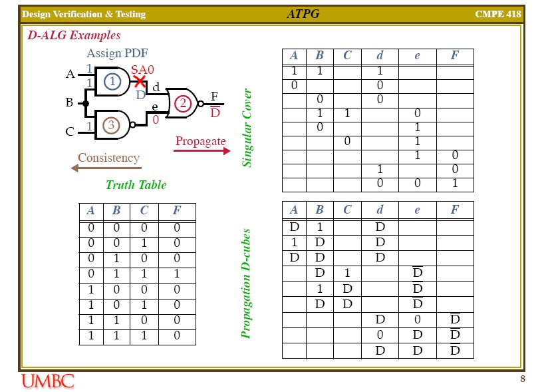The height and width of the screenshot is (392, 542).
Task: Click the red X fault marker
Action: click(140, 82)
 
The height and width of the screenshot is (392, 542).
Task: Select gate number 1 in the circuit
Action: click(113, 82)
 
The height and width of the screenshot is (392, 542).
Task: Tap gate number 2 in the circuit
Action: click(182, 103)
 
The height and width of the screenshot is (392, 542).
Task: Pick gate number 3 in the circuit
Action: click(112, 124)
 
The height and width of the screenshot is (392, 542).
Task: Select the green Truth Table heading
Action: click(136, 185)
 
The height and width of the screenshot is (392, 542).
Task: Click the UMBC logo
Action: click(48, 381)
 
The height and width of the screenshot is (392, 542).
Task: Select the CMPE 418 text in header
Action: click(499, 14)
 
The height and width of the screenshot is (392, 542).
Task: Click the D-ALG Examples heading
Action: click(74, 35)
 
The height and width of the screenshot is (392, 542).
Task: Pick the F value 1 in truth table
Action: click(177, 274)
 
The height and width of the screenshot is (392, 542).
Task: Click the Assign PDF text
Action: click(117, 53)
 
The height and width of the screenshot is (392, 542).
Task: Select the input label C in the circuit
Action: click(69, 132)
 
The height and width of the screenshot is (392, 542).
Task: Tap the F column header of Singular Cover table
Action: click(454, 56)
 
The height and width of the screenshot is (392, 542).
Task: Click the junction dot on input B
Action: click(86, 103)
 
